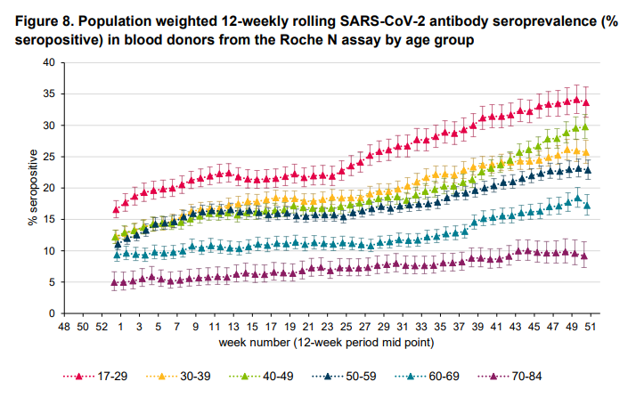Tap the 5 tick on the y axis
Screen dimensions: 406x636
click(x=53, y=282)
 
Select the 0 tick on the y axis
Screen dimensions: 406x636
click(x=53, y=313)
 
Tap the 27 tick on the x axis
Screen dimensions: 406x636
click(x=364, y=327)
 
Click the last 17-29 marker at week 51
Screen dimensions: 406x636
click(x=585, y=102)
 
